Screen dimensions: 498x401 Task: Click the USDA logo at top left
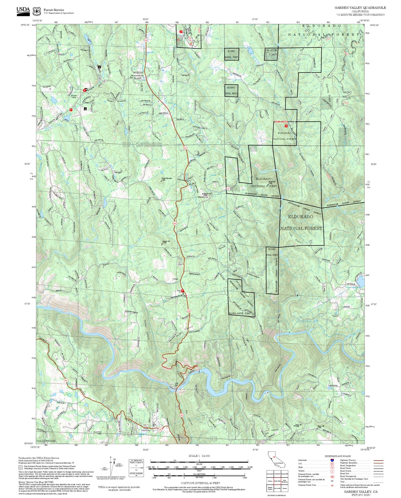coord(23,10)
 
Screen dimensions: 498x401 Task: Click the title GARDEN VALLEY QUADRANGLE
coord(360,7)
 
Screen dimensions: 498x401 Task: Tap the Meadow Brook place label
coord(137,76)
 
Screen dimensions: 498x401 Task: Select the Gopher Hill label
coord(166,242)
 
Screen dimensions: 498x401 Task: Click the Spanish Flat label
coord(203,197)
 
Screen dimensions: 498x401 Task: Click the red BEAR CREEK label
coord(281,122)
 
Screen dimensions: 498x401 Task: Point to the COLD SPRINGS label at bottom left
coord(46,441)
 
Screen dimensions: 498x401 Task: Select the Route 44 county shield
coord(228,188)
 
